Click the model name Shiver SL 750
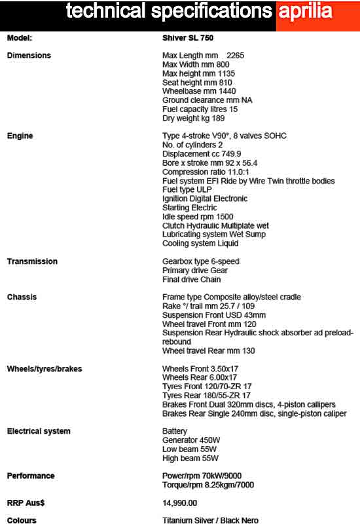[x=189, y=38]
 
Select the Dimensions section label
[x=29, y=56]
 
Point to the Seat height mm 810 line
[x=196, y=83]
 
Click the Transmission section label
[x=32, y=261]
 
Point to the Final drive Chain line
[x=192, y=279]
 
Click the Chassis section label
[x=22, y=297]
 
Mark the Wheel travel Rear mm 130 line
[x=209, y=350]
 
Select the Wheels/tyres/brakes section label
[x=45, y=369]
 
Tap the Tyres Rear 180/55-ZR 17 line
[x=207, y=396]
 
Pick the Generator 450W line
[x=190, y=440]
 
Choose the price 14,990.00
[x=179, y=502]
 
